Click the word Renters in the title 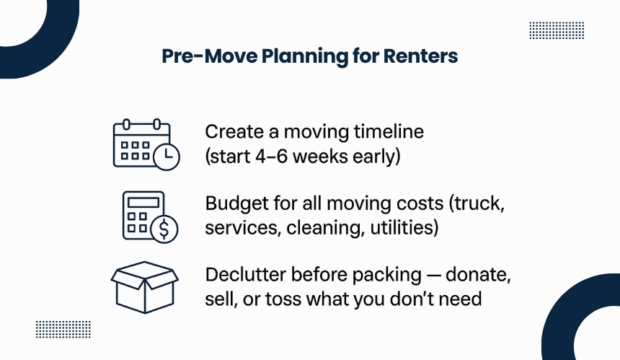click(420, 56)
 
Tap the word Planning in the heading click(304, 56)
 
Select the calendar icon click(146, 144)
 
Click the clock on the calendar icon click(167, 157)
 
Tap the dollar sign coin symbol click(164, 229)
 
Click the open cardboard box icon click(145, 287)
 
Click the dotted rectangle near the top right click(557, 30)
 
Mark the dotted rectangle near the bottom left click(63, 329)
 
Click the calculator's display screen click(143, 203)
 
